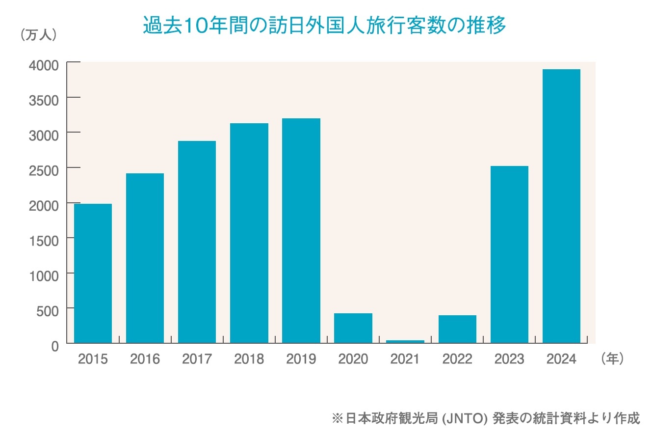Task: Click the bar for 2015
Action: click(x=93, y=273)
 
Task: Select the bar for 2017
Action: click(x=197, y=242)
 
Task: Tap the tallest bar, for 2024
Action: click(x=561, y=206)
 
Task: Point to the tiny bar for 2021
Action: click(x=405, y=341)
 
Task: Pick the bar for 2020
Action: click(x=353, y=328)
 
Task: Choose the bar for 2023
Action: click(x=509, y=254)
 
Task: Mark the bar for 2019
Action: click(x=301, y=231)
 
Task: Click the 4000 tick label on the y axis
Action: click(x=45, y=65)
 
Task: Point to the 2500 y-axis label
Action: click(x=45, y=170)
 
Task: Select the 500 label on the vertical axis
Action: click(x=48, y=310)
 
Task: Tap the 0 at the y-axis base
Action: click(x=55, y=346)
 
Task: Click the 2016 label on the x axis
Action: click(x=145, y=359)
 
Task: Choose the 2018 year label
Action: click(x=249, y=359)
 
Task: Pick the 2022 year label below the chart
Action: click(x=457, y=359)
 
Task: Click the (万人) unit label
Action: click(x=39, y=35)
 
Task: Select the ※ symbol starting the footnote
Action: click(x=337, y=419)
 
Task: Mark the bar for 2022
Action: click(x=457, y=329)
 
